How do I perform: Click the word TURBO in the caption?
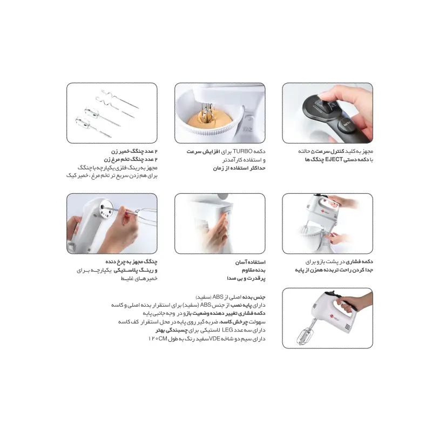coord(242,151)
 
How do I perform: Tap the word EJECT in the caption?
coord(334,159)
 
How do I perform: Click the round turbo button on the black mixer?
coord(346,124)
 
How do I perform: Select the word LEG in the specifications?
coord(227,330)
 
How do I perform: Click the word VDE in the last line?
coord(214,339)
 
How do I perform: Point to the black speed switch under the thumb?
coord(327,105)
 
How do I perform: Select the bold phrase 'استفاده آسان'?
coord(250,262)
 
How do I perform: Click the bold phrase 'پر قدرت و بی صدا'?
coord(246,279)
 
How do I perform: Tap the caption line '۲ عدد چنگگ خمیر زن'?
coord(134,151)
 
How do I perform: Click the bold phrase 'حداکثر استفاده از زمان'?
coord(239,168)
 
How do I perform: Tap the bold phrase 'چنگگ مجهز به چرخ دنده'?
coord(131,261)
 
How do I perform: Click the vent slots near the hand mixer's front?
coord(348,327)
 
